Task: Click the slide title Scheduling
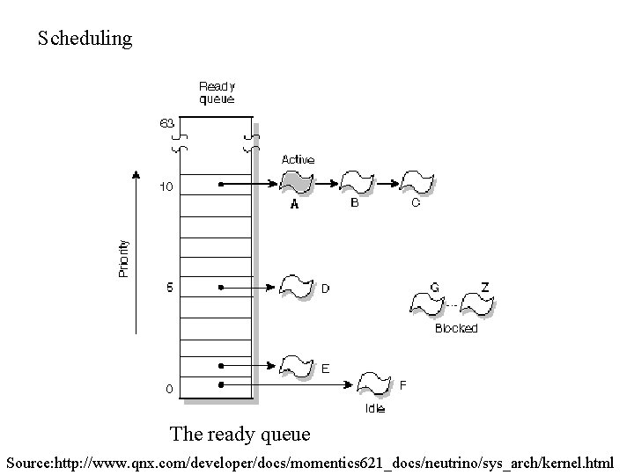point(85,39)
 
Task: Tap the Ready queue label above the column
point(217,92)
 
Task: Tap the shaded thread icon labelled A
point(297,184)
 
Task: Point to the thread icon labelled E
point(296,364)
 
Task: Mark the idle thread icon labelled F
point(373,384)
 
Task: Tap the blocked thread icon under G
point(428,303)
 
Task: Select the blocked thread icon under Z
point(479,303)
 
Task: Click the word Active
point(298,159)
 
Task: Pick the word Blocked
point(456,328)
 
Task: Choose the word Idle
point(375,408)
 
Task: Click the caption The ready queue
point(240,434)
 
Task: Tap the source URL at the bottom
point(310,460)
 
